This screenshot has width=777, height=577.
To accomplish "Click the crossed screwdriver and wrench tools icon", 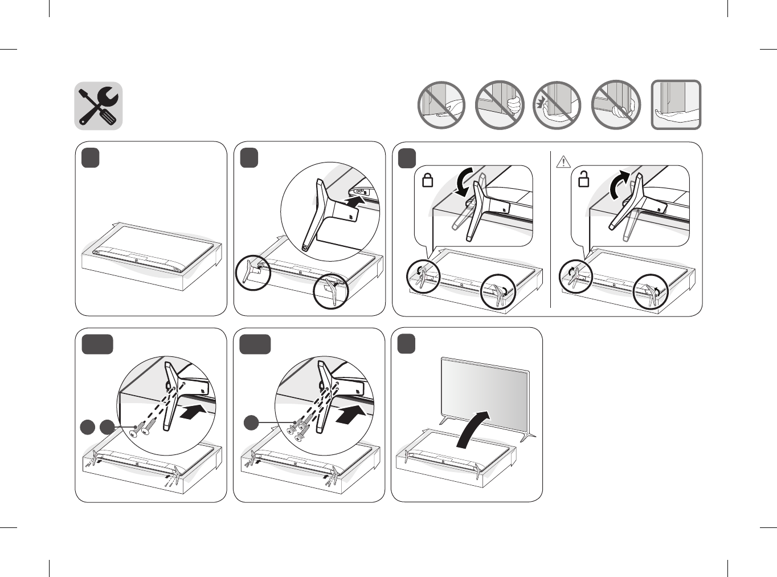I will (x=99, y=106).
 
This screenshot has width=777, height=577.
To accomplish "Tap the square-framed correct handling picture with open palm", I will (x=676, y=105).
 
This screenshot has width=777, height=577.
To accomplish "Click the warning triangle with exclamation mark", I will (x=563, y=162).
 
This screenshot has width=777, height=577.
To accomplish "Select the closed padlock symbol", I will (x=427, y=180).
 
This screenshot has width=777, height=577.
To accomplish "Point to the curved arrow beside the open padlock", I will (x=619, y=185).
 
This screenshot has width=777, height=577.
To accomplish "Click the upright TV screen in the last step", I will (x=484, y=393).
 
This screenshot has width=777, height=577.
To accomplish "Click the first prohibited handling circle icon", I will (x=441, y=105).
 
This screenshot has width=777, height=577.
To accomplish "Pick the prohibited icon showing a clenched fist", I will (x=500, y=105).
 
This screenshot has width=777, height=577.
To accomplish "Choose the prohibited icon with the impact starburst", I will (x=557, y=105).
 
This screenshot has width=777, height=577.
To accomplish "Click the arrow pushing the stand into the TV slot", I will (x=357, y=201).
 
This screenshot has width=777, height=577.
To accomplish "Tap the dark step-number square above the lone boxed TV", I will (x=91, y=158).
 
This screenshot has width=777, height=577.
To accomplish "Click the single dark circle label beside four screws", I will (x=252, y=423).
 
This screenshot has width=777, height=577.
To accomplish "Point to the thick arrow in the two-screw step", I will (x=191, y=412).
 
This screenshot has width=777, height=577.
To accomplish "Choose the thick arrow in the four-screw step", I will (x=350, y=415).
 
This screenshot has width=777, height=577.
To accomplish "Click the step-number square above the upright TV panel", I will (x=406, y=344).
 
